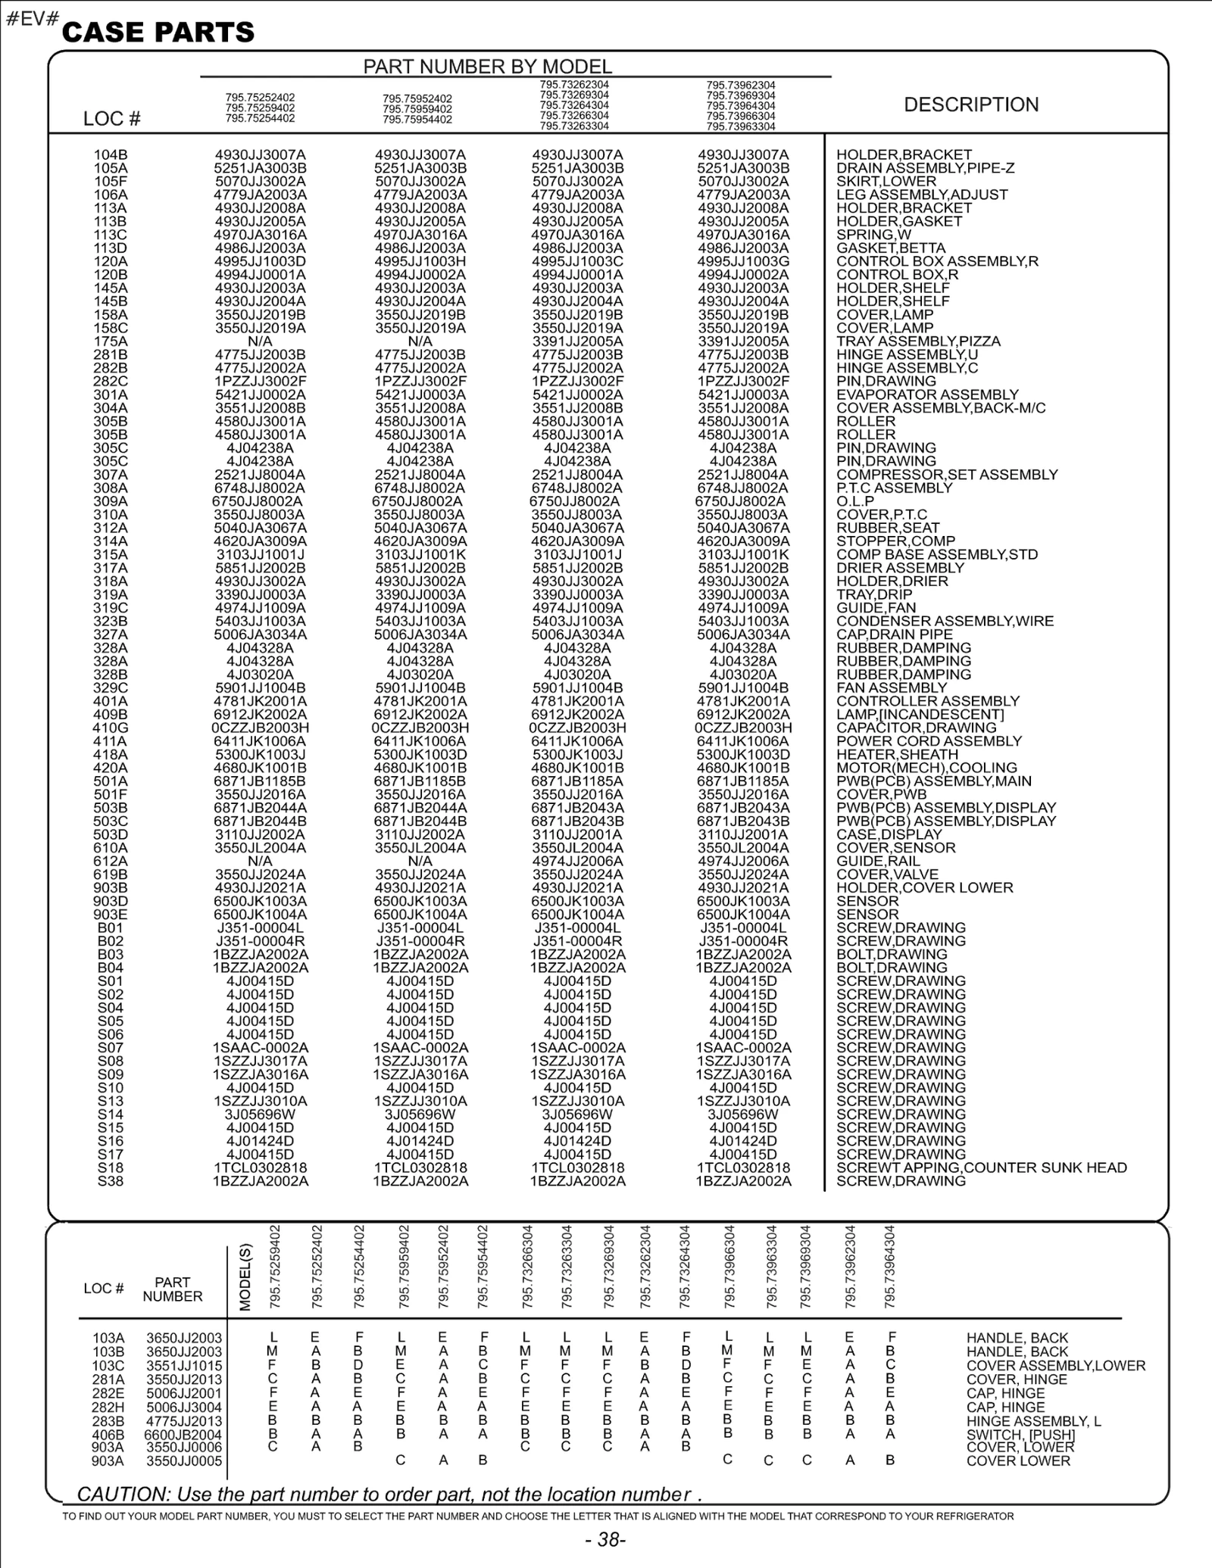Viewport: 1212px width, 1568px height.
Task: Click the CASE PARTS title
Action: coord(158,33)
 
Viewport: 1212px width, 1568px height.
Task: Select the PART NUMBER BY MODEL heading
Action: coord(487,67)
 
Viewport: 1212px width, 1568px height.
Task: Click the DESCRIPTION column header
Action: coord(971,104)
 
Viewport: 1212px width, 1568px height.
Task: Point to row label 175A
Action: coord(111,341)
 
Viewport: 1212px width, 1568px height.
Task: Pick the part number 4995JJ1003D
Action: coord(260,261)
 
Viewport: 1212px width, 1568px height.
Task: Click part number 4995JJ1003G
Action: coord(743,261)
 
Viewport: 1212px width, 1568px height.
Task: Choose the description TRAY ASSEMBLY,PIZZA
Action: coord(918,341)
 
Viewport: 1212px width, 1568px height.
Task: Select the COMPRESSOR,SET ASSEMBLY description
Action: coord(947,475)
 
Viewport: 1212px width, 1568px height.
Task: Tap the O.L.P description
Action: coord(855,501)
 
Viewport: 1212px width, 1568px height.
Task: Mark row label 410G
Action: coord(111,728)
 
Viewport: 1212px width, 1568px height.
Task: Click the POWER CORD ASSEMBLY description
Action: coord(929,741)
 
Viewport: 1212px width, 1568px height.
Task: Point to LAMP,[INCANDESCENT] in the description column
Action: coord(920,715)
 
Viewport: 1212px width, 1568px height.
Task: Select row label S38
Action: coord(111,1181)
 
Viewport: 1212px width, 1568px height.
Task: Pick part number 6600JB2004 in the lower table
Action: coord(183,1435)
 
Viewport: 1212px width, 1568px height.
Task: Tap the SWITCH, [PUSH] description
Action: coord(1020,1435)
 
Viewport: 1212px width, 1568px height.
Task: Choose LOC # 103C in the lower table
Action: coord(108,1366)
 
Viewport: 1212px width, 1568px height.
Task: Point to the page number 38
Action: coord(606,1539)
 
